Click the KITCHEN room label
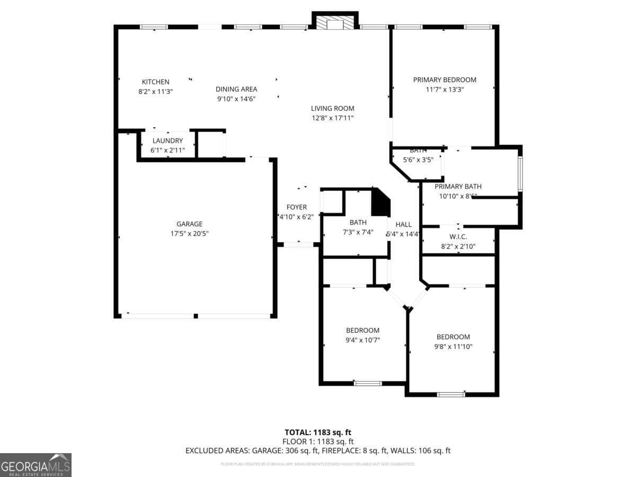pos(155,82)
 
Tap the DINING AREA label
pos(236,89)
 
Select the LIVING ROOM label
pos(332,109)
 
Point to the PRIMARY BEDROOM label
pos(445,80)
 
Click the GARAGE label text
pos(189,224)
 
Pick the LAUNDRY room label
pos(167,141)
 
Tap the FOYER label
pos(297,207)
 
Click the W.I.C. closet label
pos(458,237)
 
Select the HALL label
pos(403,225)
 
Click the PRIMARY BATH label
pos(458,187)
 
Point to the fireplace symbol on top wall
pos(335,23)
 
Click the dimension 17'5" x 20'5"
pos(189,234)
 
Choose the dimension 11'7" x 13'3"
pos(445,90)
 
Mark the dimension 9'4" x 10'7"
pos(363,340)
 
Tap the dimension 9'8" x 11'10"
pos(453,347)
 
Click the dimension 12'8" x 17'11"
pos(332,118)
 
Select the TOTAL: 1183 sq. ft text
pos(318,432)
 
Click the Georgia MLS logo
pos(36,465)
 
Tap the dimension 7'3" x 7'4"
pos(358,232)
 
